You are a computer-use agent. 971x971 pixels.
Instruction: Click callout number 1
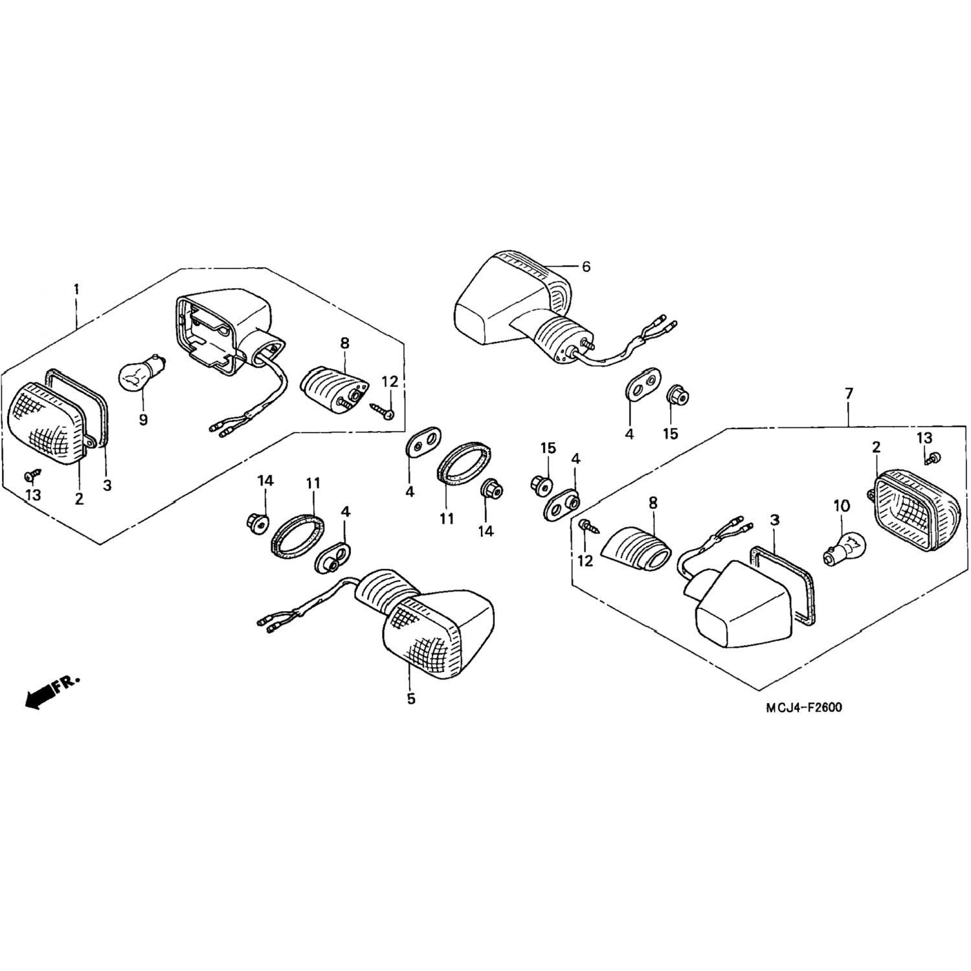tap(76, 289)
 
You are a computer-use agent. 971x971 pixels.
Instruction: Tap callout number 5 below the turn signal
tap(411, 699)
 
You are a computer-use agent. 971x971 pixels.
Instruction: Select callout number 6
tap(586, 266)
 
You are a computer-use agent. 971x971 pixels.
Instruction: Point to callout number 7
tap(849, 393)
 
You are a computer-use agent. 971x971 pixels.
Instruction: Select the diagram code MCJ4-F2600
tap(804, 708)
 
